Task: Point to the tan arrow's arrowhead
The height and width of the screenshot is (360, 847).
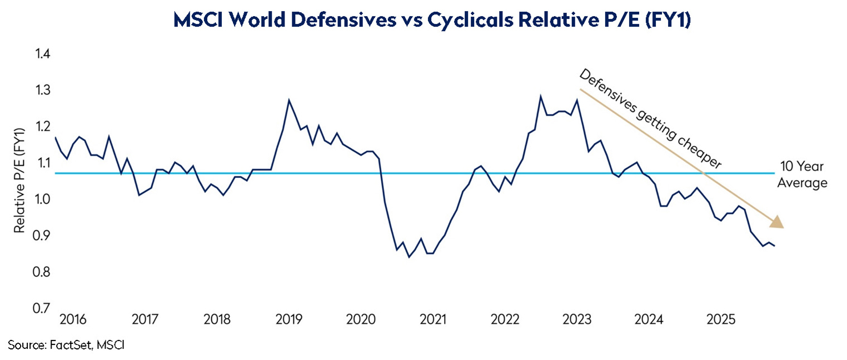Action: pos(778,223)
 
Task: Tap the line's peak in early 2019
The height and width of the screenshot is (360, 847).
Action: pos(289,101)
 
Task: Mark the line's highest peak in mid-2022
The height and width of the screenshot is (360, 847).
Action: pos(540,96)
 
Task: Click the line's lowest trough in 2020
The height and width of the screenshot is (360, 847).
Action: pos(409,257)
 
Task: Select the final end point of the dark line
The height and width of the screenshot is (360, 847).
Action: pos(775,246)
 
